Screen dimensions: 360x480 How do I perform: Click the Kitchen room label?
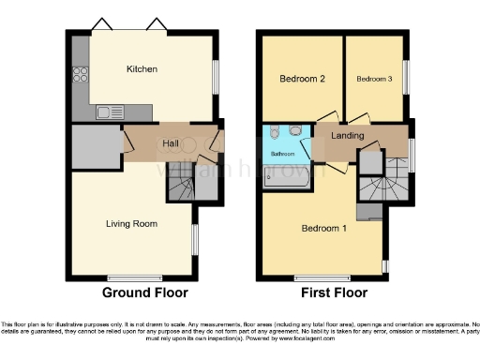click(x=142, y=69)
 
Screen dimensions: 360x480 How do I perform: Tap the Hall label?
click(x=171, y=142)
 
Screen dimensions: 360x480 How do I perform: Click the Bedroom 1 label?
click(x=322, y=228)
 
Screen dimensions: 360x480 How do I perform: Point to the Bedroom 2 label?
click(x=302, y=79)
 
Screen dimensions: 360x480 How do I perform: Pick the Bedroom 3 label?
click(x=373, y=79)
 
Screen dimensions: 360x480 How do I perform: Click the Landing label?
click(x=348, y=136)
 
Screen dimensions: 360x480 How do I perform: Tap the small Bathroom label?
click(x=284, y=153)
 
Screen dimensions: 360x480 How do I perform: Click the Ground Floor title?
click(x=145, y=292)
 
